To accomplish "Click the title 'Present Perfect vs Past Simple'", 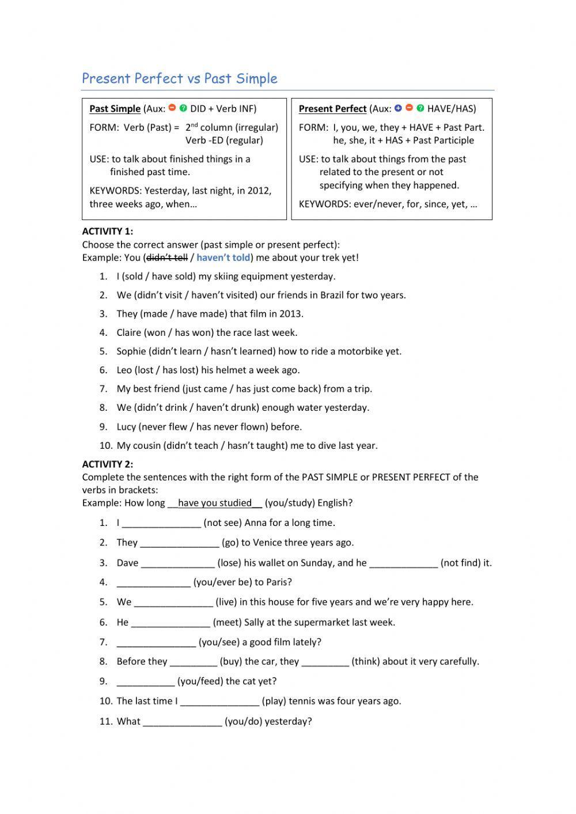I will coord(179,78).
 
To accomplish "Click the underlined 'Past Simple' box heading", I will coord(115,108).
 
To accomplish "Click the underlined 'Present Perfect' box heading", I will coord(332,108).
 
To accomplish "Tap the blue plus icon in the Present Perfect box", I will coord(397,108).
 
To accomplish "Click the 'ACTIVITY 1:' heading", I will coord(107,231).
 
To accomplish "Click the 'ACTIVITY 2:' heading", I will coord(107,464).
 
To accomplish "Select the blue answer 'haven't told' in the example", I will coord(223,258).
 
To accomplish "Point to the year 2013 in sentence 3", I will coord(292,314).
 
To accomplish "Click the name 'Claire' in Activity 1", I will coord(129,332).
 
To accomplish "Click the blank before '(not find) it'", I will coord(403,563).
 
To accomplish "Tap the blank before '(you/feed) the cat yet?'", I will coord(145,682).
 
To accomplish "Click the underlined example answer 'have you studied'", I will coord(215,503).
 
